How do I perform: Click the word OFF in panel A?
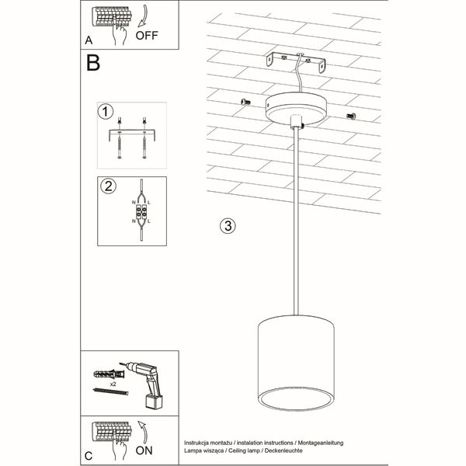(x=148, y=34)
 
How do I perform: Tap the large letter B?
(x=93, y=64)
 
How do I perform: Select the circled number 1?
(x=106, y=112)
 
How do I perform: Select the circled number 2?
(x=107, y=186)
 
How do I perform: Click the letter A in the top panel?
(x=89, y=39)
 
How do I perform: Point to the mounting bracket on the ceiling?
(x=294, y=61)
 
